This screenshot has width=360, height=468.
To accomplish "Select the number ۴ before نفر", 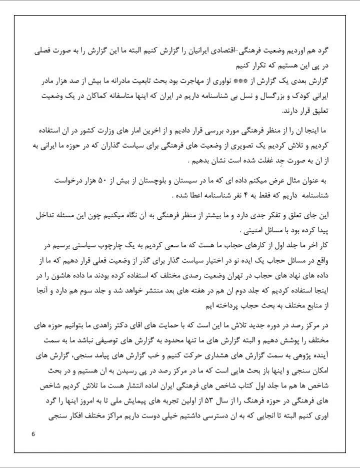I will pos(201,193).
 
